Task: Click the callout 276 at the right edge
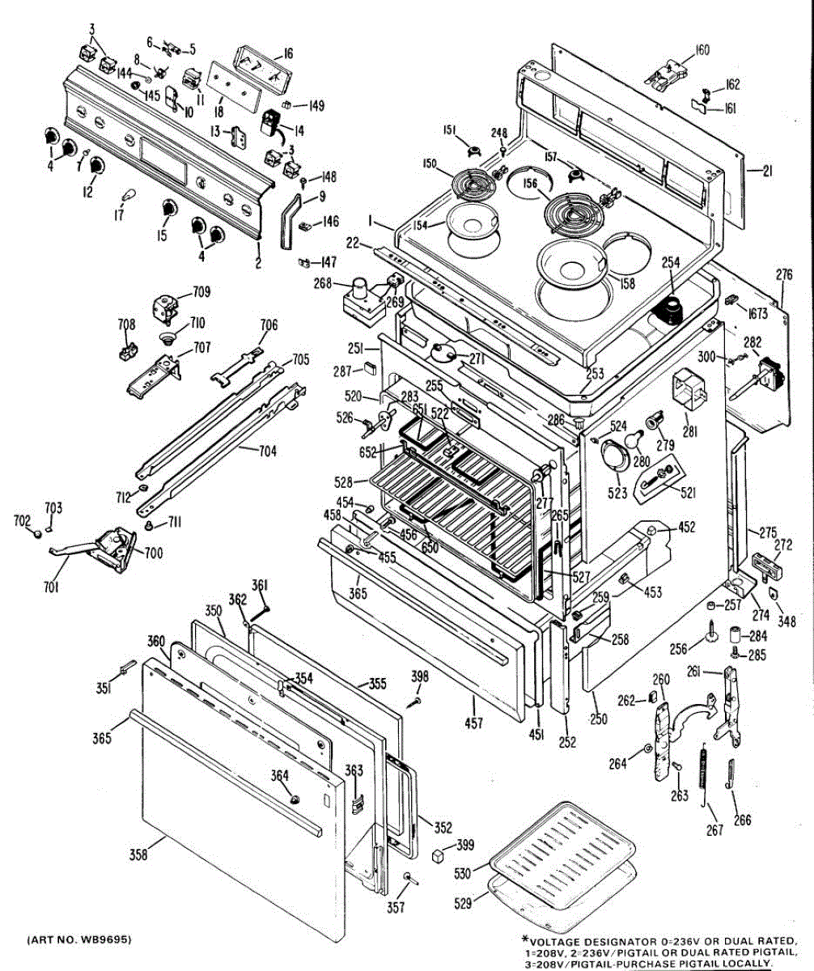[x=784, y=275]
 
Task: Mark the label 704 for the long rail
[x=267, y=452]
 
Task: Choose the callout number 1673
[x=758, y=313]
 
